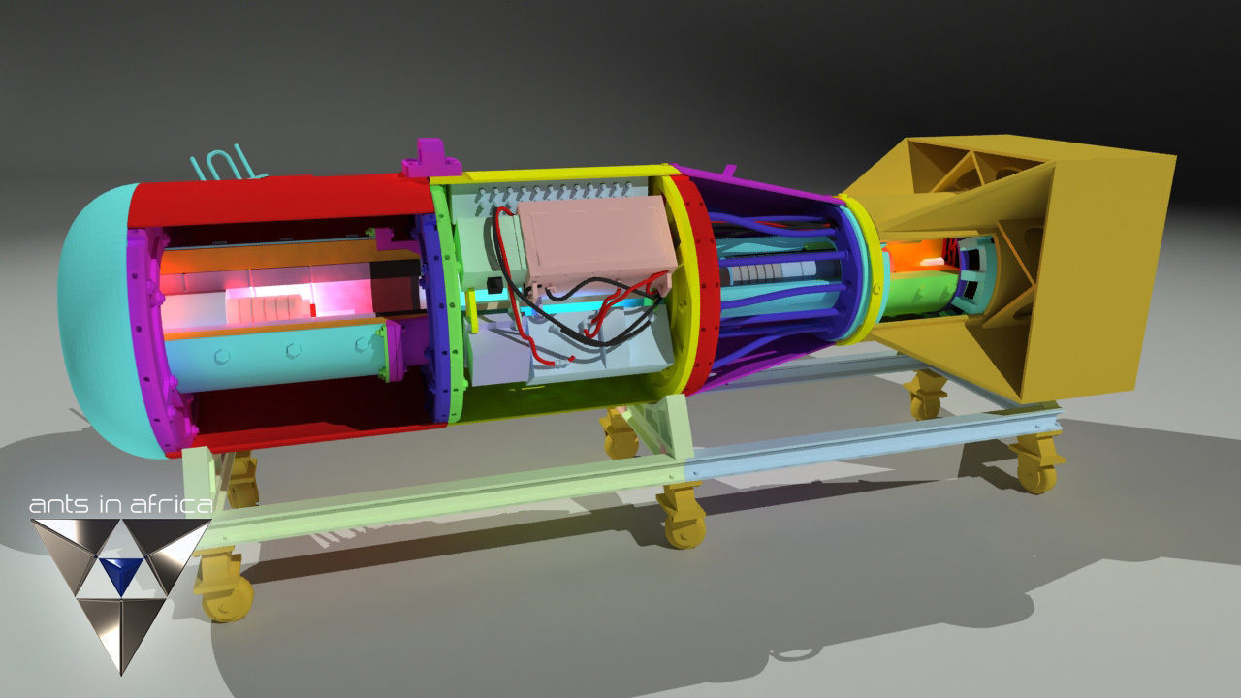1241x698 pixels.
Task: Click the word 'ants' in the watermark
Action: tap(54, 505)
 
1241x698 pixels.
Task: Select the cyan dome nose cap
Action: tap(92, 320)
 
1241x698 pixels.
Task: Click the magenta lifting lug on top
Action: tap(430, 158)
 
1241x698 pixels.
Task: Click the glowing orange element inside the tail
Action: tap(911, 257)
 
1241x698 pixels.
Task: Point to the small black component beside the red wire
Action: tap(497, 285)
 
